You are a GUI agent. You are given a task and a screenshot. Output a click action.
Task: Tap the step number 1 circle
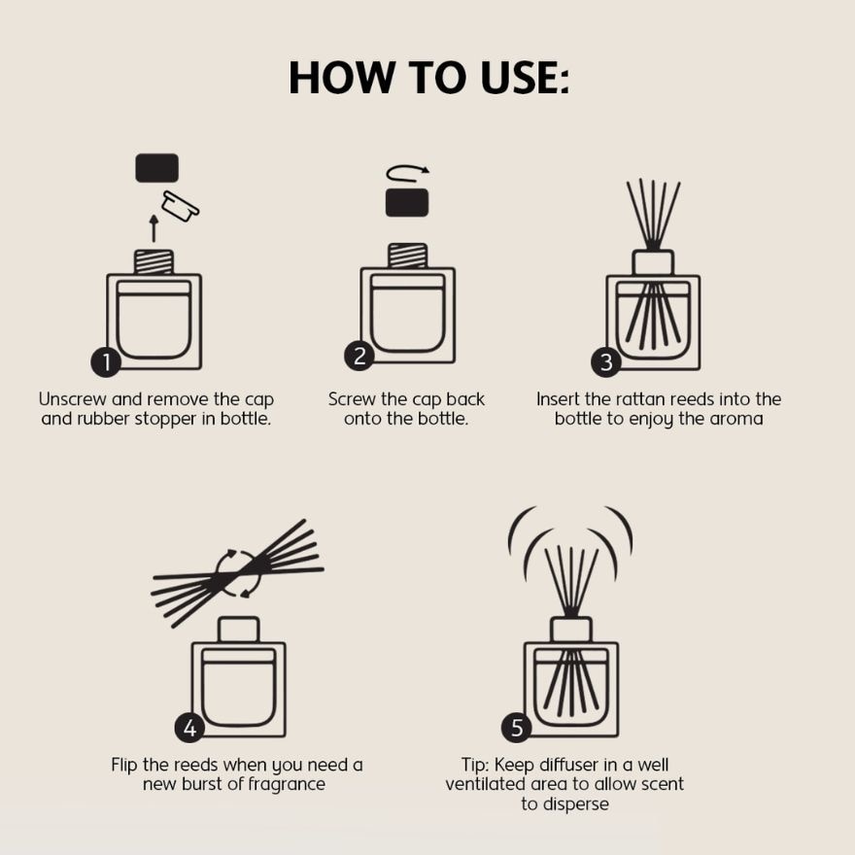(106, 362)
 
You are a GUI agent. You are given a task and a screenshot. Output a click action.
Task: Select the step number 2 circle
(359, 356)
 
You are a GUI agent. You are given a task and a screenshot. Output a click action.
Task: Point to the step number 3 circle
(606, 362)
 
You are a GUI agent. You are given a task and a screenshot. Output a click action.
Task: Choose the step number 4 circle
(189, 728)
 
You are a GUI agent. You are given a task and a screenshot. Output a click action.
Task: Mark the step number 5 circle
(516, 728)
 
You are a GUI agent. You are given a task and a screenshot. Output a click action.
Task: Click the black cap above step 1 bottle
(157, 168)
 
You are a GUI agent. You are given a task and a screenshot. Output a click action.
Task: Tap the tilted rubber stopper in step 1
(181, 206)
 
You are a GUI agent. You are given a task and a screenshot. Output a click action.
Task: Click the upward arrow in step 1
(154, 228)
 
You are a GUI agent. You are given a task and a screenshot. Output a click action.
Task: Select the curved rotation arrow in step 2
(407, 173)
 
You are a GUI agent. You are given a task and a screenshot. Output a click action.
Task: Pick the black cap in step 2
(407, 203)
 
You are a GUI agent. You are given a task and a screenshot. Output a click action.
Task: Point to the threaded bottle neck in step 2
(407, 256)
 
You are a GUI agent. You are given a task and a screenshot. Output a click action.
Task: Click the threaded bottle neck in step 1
(154, 261)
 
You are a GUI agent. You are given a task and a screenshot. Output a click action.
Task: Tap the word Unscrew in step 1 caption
(73, 399)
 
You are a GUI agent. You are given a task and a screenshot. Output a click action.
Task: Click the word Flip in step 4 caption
(124, 766)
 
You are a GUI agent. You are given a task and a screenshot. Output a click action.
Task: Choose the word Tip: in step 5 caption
(475, 765)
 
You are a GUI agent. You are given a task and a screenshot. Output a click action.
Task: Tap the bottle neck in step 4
(238, 630)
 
